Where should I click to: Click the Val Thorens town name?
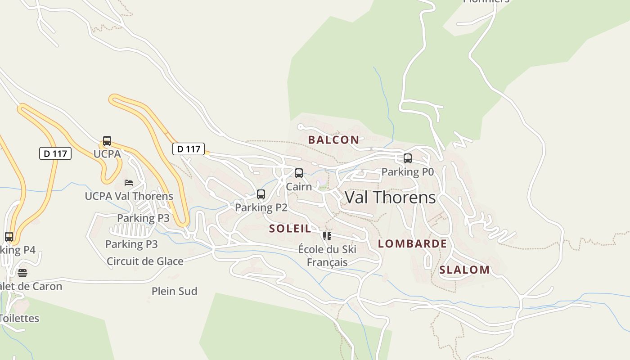pos(390,198)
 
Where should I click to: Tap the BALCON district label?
pos(333,140)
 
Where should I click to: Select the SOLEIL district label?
pos(290,229)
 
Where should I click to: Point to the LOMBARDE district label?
pos(412,244)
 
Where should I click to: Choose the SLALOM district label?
pos(464,270)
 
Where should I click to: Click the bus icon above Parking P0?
pos(408,158)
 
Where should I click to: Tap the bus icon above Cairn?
pos(299,173)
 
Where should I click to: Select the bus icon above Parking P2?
pos(261,194)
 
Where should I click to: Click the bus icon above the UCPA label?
pos(107,141)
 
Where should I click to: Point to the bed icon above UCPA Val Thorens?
pos(129,183)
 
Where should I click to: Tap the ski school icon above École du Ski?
pos(327,236)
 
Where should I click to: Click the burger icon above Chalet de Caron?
pos(22,273)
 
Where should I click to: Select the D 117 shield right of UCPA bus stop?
pos(189,149)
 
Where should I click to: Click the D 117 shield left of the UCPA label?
pos(55,153)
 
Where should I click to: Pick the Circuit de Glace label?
pos(145,261)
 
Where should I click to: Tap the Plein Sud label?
pos(175,291)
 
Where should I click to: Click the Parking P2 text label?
pos(261,207)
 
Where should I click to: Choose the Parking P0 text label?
pos(408,171)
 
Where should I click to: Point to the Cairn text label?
pos(299,186)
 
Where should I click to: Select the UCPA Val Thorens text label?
pos(129,196)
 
